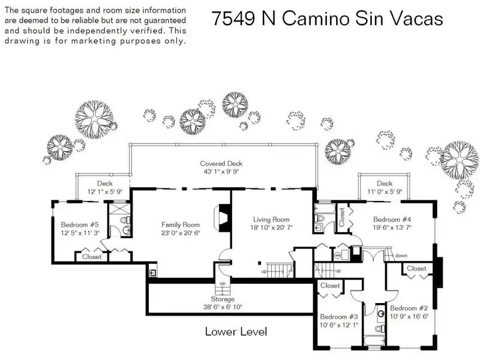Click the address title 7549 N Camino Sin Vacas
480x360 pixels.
pyautogui.click(x=327, y=19)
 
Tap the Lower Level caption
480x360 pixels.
pyautogui.click(x=236, y=332)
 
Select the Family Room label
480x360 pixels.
pyautogui.click(x=181, y=224)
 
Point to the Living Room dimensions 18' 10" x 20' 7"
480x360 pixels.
pyautogui.click(x=271, y=228)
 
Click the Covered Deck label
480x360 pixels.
pyautogui.click(x=221, y=163)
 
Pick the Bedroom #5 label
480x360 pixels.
pyautogui.click(x=80, y=224)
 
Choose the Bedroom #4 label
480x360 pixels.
pyautogui.click(x=392, y=220)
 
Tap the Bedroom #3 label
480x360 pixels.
pyautogui.click(x=339, y=317)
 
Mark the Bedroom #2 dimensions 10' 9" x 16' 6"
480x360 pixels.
pyautogui.click(x=409, y=317)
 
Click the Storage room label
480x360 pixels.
pyautogui.click(x=223, y=299)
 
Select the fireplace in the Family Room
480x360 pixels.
pyautogui.click(x=222, y=218)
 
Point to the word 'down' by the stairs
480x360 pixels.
pyautogui.click(x=401, y=256)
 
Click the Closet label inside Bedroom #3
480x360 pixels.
pyautogui.click(x=330, y=286)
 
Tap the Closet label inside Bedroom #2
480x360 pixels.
pyautogui.click(x=416, y=268)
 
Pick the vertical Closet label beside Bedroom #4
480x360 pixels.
pyautogui.click(x=342, y=217)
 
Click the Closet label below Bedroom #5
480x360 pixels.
pyautogui.click(x=92, y=257)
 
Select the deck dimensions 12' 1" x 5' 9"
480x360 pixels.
pyautogui.click(x=105, y=191)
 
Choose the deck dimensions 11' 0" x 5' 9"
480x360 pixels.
pyautogui.click(x=385, y=191)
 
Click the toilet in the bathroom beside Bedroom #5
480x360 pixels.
pyautogui.click(x=125, y=220)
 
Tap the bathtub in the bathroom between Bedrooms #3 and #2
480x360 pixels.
pyautogui.click(x=374, y=341)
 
